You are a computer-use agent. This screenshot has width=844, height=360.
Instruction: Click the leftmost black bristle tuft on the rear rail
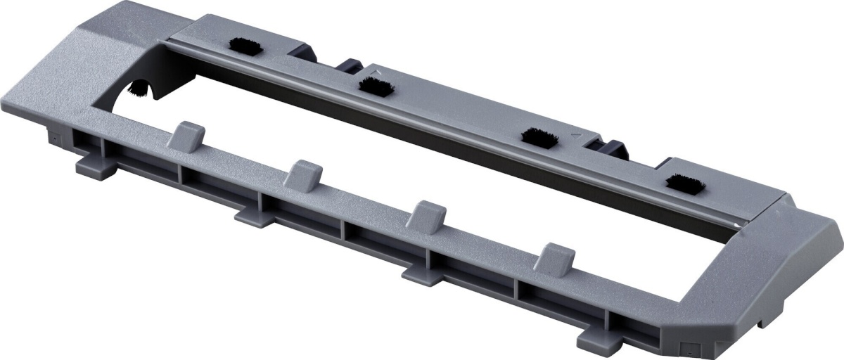243,48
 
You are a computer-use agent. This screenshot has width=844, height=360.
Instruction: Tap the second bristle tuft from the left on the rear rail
374,86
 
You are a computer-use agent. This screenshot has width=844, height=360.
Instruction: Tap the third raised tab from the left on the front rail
427,215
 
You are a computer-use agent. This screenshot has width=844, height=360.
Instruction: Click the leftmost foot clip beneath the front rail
94,165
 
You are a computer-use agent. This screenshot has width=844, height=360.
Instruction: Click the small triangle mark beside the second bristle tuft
378,72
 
